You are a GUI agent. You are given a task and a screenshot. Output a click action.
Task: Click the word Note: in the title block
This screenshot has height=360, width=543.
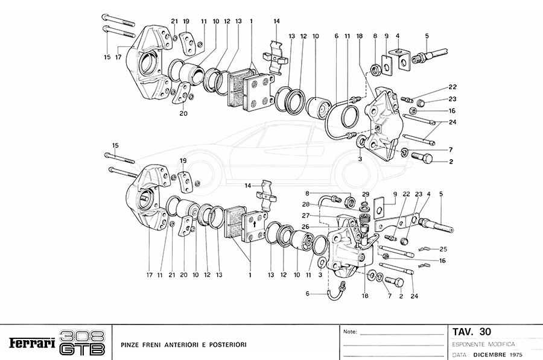(350, 332)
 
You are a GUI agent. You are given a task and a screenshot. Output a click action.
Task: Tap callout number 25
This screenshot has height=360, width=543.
(443, 249)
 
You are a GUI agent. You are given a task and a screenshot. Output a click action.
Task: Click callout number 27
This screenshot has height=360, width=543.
(306, 215)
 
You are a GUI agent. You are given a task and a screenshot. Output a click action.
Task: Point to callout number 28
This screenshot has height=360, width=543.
(306, 204)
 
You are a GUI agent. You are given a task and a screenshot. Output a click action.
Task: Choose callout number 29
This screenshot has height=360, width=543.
(365, 193)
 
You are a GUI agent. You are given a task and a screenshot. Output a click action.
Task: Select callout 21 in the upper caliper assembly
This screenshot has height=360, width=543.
(174, 21)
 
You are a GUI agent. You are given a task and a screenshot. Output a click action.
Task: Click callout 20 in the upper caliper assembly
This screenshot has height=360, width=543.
(183, 113)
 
